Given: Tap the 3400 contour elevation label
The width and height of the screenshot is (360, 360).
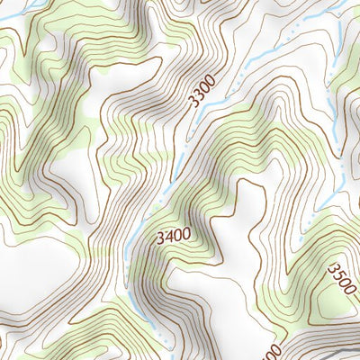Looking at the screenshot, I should click(x=173, y=238).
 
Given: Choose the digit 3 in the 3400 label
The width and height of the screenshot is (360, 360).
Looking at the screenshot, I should click(x=159, y=238).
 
